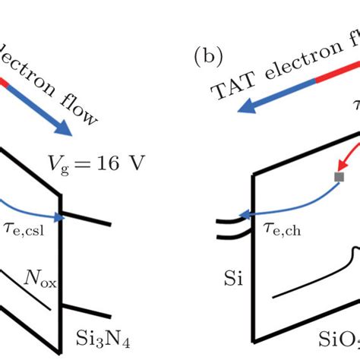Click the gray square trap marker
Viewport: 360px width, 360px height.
pos(339,178)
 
